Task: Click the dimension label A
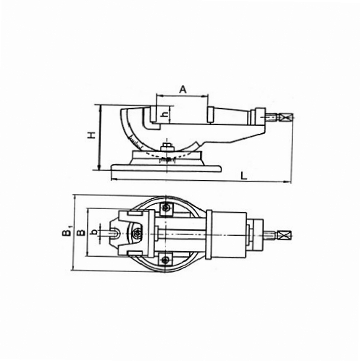(183, 90)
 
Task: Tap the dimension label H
(92, 135)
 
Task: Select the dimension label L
(244, 177)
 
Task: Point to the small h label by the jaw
(165, 115)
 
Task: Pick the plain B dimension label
(80, 232)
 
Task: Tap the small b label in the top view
(95, 232)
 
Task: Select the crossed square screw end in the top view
(285, 234)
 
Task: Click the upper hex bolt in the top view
(165, 208)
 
